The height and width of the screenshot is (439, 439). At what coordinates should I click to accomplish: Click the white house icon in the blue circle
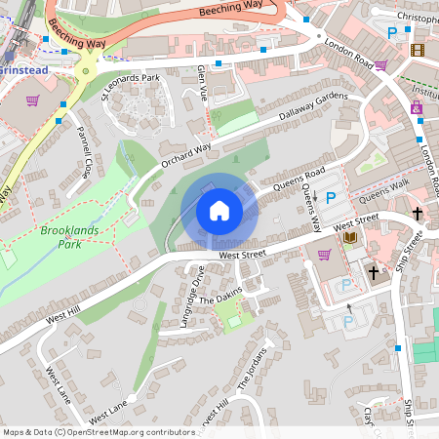tap(219, 210)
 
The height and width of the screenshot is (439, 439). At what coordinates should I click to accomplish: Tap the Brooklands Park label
tap(72, 238)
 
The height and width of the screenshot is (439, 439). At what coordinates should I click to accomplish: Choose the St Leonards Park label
tap(129, 85)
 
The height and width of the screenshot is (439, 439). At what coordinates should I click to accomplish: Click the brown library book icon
tap(349, 237)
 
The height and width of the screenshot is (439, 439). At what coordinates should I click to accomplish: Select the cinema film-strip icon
tap(418, 52)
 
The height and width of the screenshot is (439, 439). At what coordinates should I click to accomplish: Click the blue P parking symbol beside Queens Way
tap(331, 198)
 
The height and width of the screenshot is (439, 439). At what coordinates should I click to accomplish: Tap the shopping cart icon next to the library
tap(324, 255)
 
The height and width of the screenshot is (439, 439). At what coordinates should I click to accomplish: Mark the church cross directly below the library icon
tap(373, 274)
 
